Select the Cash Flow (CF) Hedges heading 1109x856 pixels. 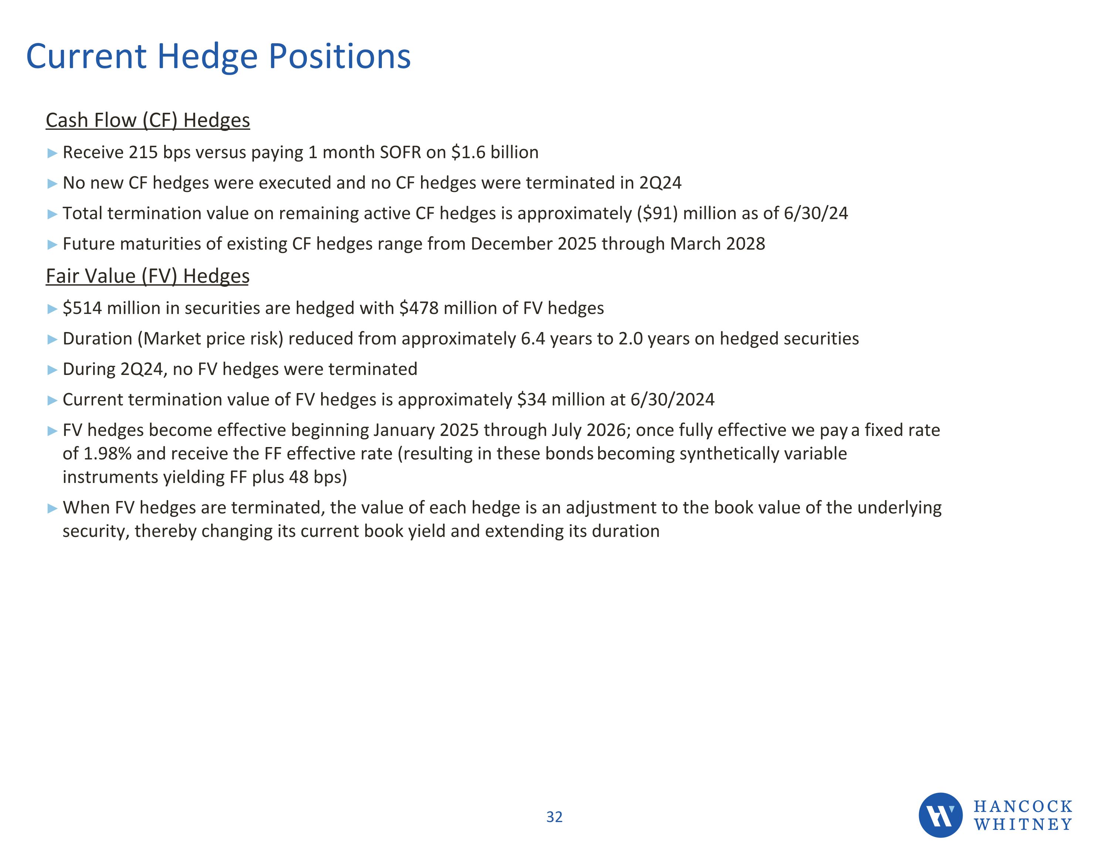click(148, 121)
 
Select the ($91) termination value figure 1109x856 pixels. click(657, 213)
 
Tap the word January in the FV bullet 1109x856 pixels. click(404, 430)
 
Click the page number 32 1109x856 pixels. click(554, 817)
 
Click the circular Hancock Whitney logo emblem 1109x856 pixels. click(940, 815)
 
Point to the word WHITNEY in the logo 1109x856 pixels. click(1022, 825)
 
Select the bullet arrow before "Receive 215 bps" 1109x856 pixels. click(52, 153)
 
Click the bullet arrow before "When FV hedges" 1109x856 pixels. click(52, 508)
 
